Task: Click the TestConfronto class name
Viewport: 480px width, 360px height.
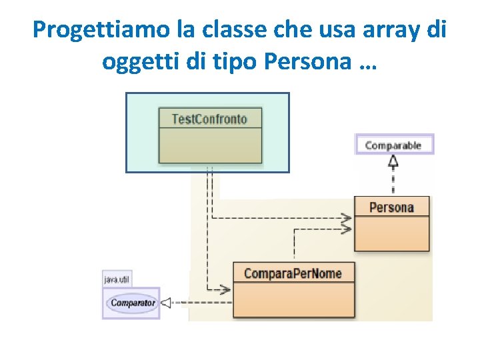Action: pos(209,119)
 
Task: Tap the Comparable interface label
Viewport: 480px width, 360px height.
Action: pos(393,145)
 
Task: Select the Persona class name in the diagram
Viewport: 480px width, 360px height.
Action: pos(391,207)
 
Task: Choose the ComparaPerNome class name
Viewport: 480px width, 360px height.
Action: pos(293,273)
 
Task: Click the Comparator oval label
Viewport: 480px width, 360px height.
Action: pos(133,303)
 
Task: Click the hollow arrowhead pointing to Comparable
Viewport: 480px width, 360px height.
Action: pos(393,161)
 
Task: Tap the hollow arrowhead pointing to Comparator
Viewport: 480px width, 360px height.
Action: pos(167,303)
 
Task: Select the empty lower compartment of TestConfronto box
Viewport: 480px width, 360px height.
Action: pos(209,145)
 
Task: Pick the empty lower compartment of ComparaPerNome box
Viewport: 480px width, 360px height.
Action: pos(293,299)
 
